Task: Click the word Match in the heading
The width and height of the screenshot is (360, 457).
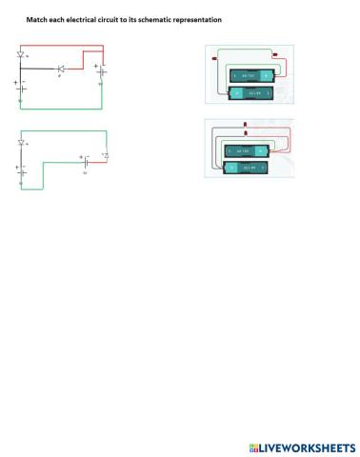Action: pos(35,19)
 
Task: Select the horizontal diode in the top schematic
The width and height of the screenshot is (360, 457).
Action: pos(61,69)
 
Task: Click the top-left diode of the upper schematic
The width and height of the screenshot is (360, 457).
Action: pos(21,55)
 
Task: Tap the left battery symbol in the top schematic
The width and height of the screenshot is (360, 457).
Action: pos(21,88)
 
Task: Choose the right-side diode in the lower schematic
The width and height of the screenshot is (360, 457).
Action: pos(106,156)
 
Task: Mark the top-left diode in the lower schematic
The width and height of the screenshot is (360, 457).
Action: pos(21,143)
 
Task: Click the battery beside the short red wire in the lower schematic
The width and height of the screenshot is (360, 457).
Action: pos(86,160)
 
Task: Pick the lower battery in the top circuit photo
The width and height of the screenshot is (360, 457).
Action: pos(252,92)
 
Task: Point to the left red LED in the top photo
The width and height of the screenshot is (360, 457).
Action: pos(213,57)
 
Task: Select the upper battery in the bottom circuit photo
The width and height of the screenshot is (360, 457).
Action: pos(246,150)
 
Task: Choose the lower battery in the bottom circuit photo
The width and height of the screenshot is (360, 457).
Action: pos(246,166)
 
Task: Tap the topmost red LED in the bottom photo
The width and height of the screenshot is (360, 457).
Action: pos(246,125)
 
